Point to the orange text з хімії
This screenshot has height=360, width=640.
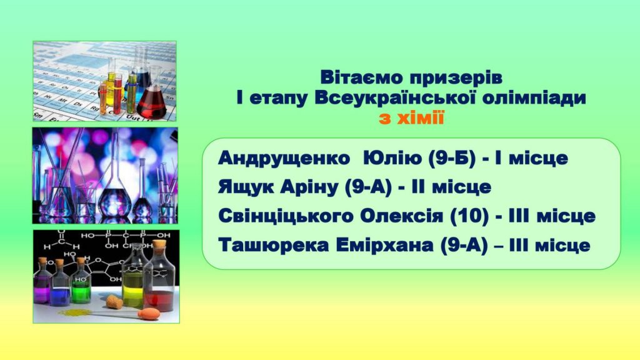[x=411, y=118]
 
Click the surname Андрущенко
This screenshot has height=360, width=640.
[x=284, y=158]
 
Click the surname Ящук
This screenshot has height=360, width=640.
[x=246, y=187]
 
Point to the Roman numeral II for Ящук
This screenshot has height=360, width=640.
[x=419, y=187]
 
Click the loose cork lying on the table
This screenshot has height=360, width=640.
[x=114, y=302]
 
